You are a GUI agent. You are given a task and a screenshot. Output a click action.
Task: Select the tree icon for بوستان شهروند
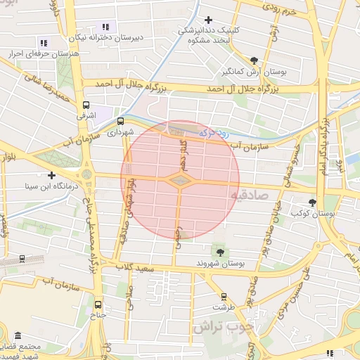[220, 251]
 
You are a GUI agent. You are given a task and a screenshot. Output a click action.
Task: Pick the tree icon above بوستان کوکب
[313, 202]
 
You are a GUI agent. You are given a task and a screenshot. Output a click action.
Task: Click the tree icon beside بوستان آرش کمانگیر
[254, 61]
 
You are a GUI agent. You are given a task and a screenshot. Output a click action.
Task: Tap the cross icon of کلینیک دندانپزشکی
[207, 20]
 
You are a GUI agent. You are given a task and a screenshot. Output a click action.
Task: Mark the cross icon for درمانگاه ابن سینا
[51, 175]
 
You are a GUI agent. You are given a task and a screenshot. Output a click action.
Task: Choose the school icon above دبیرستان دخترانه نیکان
[105, 27]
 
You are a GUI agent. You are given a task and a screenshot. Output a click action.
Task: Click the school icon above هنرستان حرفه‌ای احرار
[44, 43]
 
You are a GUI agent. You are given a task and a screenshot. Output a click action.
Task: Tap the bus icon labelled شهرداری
[120, 121]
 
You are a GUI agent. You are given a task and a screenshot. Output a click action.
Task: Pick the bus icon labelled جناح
[97, 305]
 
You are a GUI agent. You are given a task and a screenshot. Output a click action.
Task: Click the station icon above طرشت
[224, 297]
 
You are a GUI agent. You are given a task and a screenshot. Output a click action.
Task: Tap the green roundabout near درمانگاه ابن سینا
[86, 174]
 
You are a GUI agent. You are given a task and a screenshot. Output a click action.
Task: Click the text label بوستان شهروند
[221, 263]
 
